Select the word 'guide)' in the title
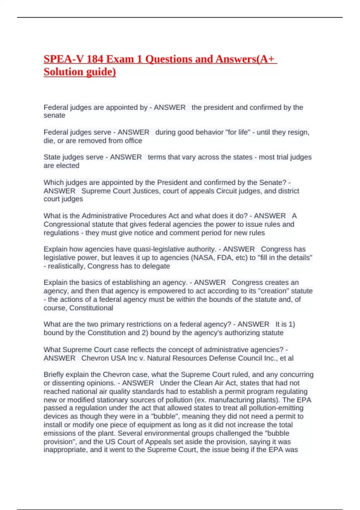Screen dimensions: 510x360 [101, 72]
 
